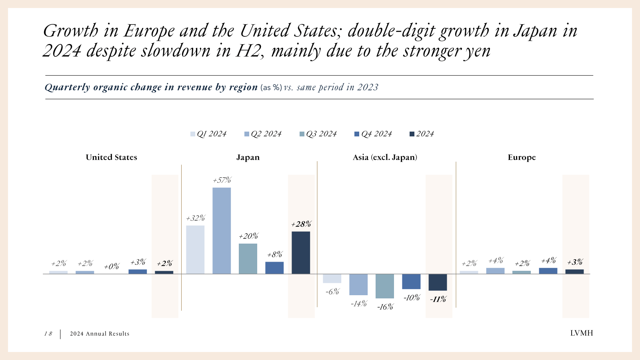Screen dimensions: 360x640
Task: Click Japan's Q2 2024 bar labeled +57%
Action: [221, 231]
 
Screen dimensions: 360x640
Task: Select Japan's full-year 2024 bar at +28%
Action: [300, 253]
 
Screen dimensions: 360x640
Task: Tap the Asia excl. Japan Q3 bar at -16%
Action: [384, 286]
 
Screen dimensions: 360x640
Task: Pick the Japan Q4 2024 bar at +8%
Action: [274, 268]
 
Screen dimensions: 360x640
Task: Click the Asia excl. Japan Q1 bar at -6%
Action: [332, 278]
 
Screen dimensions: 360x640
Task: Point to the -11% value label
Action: [438, 299]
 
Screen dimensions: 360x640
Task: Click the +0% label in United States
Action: [112, 267]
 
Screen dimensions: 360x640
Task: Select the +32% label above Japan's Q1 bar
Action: [195, 218]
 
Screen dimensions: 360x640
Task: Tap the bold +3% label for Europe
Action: [575, 262]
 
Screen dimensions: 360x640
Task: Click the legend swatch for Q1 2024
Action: [193, 134]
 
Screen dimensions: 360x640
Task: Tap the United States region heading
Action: [111, 157]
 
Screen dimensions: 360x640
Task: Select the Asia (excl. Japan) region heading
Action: [385, 157]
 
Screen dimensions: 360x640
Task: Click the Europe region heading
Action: [522, 157]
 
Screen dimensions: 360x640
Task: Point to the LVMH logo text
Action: [581, 333]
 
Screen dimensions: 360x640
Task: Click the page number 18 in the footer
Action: [48, 334]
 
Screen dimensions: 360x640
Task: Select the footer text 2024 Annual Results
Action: [100, 334]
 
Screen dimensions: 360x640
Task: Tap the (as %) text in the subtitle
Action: [271, 88]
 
